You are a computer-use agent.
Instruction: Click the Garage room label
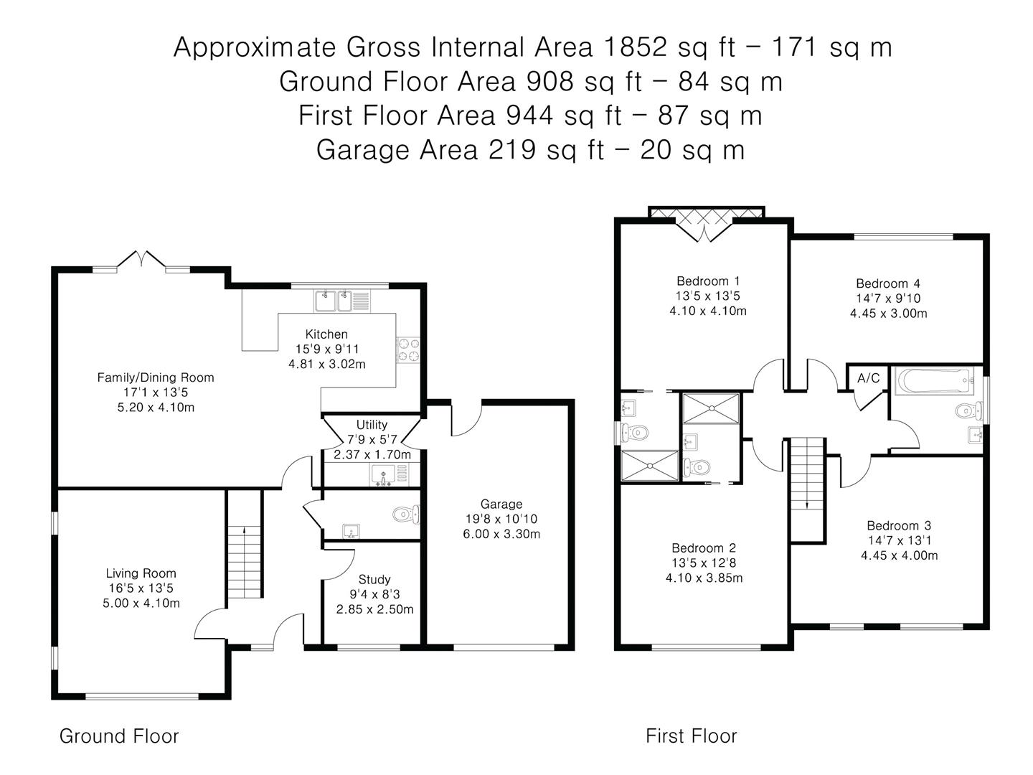pyautogui.click(x=501, y=504)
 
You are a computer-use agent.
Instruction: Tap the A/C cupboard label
pyautogui.click(x=868, y=378)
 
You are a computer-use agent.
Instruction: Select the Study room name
pyautogui.click(x=374, y=579)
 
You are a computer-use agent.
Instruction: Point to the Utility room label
pyautogui.click(x=372, y=425)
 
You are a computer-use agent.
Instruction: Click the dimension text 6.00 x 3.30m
pyautogui.click(x=501, y=534)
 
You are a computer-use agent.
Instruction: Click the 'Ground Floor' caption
pyautogui.click(x=119, y=736)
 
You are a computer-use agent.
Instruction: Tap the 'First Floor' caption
pyautogui.click(x=691, y=736)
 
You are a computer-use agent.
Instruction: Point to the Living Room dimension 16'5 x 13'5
pyautogui.click(x=141, y=588)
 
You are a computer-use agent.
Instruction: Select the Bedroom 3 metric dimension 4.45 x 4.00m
pyautogui.click(x=899, y=555)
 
